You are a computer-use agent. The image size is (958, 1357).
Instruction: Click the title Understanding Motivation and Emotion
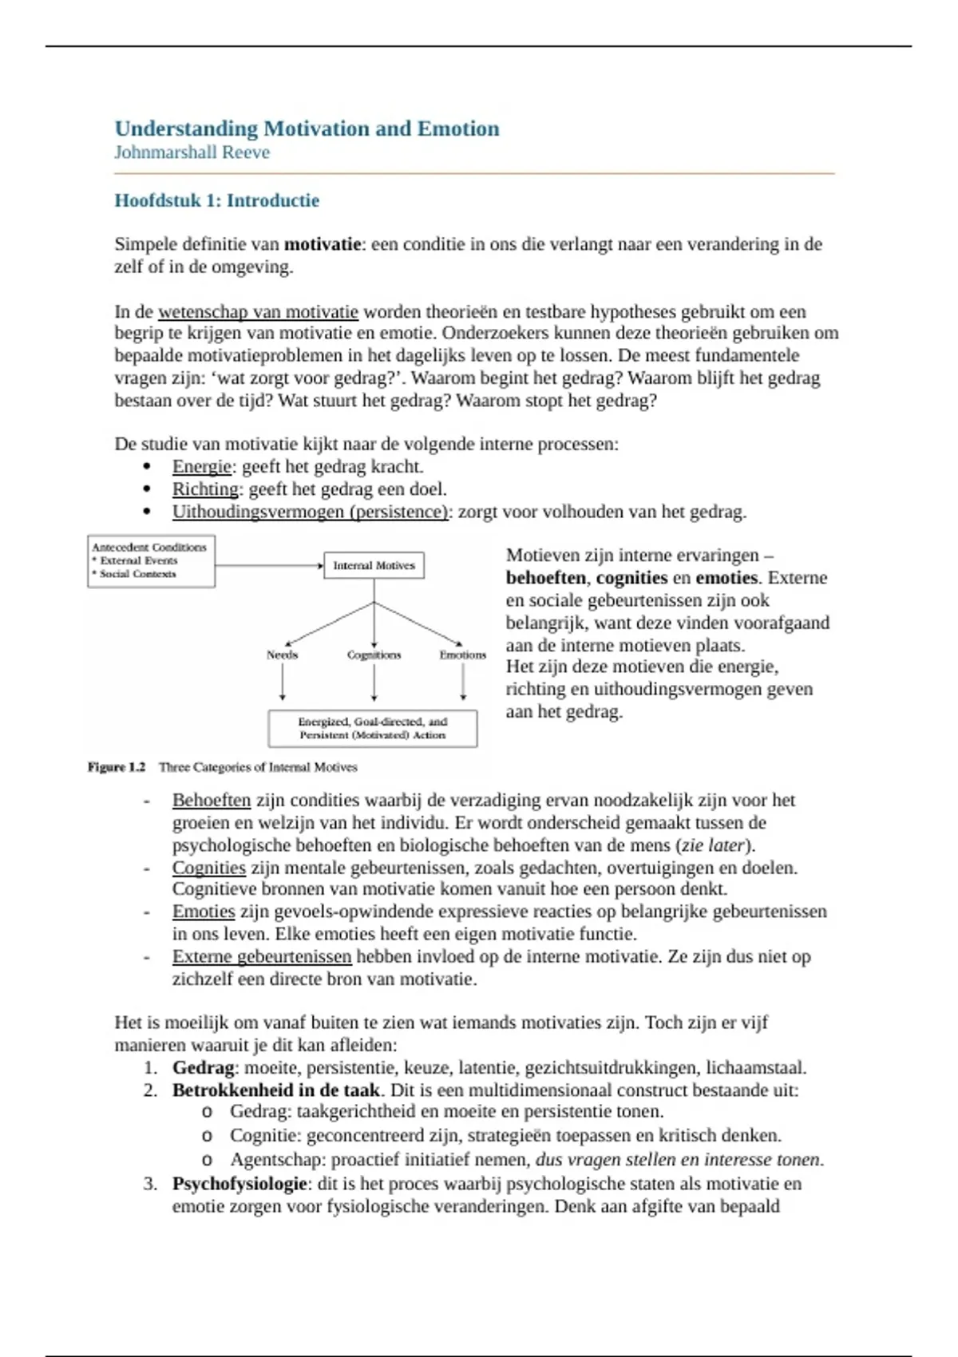(x=307, y=129)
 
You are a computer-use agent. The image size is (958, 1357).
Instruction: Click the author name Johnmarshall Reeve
(x=192, y=152)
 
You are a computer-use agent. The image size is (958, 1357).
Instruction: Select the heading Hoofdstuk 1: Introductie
(x=216, y=200)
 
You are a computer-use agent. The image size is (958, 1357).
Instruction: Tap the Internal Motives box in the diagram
(x=374, y=565)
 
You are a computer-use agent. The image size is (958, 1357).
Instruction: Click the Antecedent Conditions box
(x=151, y=561)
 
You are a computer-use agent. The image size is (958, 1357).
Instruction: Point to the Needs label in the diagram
(x=282, y=655)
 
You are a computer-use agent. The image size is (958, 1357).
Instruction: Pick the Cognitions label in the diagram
(x=374, y=655)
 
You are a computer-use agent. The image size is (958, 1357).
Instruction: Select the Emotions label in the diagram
(x=462, y=655)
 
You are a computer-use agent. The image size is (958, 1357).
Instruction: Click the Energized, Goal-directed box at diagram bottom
(x=372, y=728)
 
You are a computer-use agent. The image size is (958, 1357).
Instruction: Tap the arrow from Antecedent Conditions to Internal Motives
(x=269, y=565)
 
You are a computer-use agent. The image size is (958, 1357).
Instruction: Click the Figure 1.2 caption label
(x=117, y=767)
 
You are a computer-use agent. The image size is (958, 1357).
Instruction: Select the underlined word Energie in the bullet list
(x=201, y=467)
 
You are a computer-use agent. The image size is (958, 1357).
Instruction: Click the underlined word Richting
(x=205, y=489)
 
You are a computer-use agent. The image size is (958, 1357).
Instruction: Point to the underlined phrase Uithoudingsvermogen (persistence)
(x=310, y=512)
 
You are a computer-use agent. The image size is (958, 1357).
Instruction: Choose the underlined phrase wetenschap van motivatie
(x=258, y=311)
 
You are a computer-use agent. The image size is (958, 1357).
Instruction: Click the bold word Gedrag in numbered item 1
(x=203, y=1067)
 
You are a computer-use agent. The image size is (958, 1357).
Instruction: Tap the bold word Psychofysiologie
(x=239, y=1183)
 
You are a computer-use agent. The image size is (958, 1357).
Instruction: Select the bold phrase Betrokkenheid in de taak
(x=275, y=1090)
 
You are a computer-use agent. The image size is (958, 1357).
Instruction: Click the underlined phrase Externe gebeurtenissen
(x=261, y=956)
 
